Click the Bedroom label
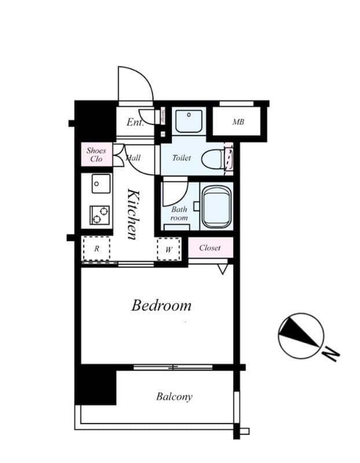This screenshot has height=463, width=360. click(x=161, y=305)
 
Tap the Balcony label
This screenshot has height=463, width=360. click(x=174, y=396)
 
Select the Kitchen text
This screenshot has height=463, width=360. click(x=133, y=214)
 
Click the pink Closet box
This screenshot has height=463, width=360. click(x=210, y=248)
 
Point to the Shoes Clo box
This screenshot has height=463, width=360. click(x=96, y=155)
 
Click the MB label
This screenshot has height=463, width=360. click(x=238, y=122)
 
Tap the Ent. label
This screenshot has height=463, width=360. click(x=135, y=123)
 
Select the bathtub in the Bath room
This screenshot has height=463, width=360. click(x=216, y=206)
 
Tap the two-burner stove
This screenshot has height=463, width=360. click(x=100, y=215)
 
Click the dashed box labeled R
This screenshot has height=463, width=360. click(x=97, y=249)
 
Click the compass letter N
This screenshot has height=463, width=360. click(x=330, y=352)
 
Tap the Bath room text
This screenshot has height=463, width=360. click(x=179, y=214)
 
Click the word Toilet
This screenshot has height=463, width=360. click(x=181, y=157)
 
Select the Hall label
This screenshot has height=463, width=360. click(x=134, y=157)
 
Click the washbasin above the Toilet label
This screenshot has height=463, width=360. click(x=189, y=120)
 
